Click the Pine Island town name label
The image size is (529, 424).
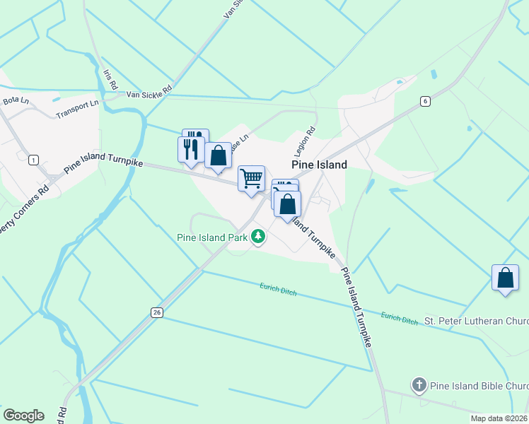320,165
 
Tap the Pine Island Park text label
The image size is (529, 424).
212,237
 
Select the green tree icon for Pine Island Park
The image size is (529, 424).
260,237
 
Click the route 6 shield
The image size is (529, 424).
424,101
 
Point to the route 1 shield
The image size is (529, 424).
33,160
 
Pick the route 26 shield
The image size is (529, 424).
156,312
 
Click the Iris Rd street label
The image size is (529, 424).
110,78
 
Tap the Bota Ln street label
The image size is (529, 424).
15,101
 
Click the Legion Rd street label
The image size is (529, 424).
305,143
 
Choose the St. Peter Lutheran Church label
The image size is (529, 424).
475,321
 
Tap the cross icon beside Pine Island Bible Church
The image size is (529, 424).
419,386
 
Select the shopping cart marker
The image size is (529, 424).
251,179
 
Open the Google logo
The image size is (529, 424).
23,416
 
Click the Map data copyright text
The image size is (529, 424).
499,418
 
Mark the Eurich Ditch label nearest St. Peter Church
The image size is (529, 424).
400,319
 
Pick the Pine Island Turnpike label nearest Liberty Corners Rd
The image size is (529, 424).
103,163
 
